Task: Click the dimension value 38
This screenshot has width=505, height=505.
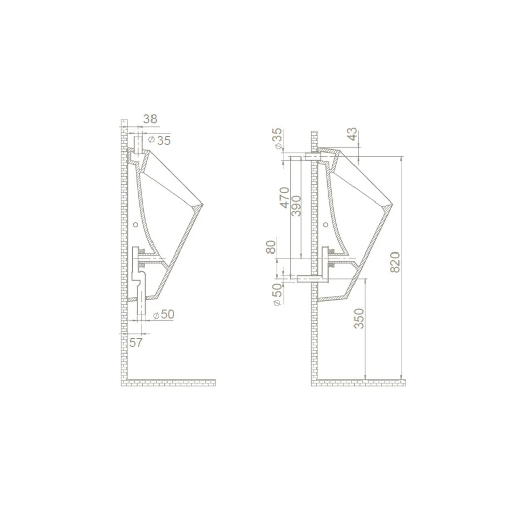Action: [150, 119]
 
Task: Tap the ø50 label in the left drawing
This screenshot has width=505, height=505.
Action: [163, 314]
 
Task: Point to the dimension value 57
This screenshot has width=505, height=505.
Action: [135, 342]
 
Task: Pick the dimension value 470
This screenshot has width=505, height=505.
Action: [285, 198]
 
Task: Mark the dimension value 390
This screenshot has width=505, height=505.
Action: [296, 206]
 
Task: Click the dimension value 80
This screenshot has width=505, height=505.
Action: [271, 247]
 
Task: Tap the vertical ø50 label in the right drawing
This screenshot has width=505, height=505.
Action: [277, 295]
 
